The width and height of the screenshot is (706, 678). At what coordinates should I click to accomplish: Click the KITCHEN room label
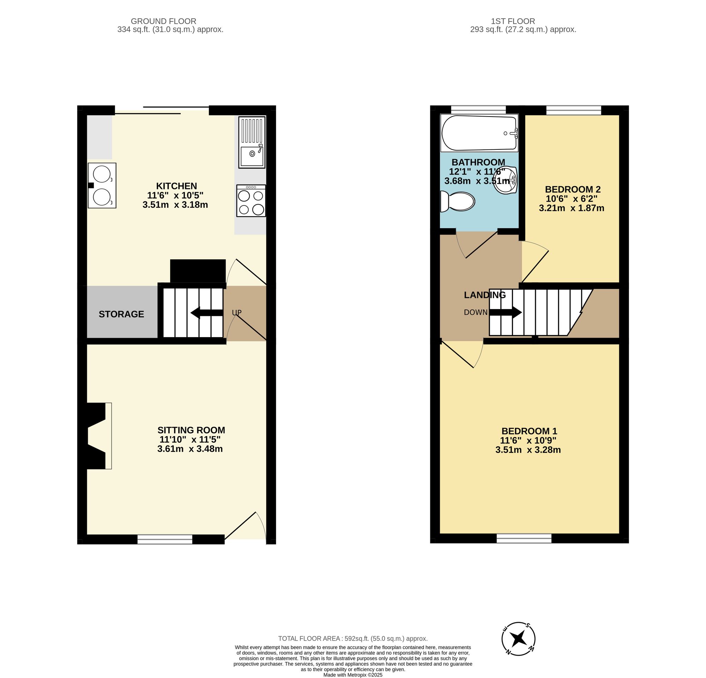176,186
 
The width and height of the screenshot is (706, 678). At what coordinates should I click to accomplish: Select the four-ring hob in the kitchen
251,201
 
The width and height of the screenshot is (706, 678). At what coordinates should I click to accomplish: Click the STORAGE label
121,314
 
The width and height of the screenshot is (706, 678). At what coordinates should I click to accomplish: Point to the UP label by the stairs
237,313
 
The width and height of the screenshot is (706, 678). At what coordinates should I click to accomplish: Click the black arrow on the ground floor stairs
206,313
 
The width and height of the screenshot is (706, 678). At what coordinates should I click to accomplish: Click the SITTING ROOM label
191,430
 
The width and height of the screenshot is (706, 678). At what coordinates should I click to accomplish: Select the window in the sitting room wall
165,539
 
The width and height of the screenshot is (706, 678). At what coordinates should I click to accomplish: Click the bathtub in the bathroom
479,133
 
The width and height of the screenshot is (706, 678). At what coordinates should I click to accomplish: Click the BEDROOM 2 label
572,189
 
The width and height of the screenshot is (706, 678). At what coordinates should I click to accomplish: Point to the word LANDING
484,295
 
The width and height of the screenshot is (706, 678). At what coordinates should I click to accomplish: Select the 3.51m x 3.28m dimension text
528,450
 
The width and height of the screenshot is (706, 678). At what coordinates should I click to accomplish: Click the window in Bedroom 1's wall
524,538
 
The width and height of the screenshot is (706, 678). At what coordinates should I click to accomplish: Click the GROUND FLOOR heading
163,21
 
